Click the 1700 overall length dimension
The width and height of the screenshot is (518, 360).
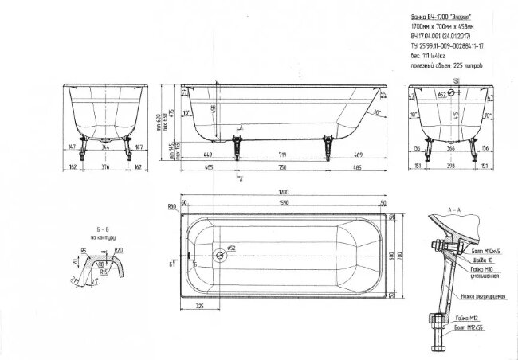[284, 193]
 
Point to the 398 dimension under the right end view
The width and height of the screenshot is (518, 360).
[450, 168]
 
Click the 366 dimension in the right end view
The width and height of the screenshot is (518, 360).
[450, 148]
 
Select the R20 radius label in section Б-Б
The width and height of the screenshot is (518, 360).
[118, 250]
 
